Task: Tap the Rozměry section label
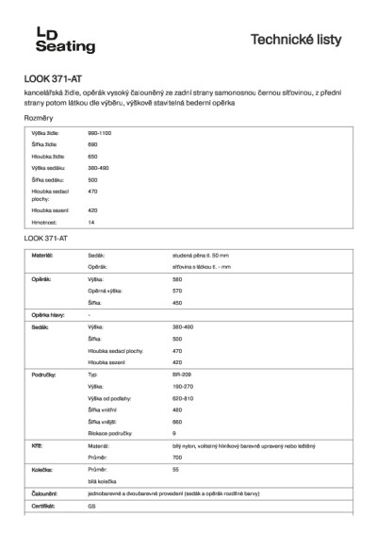[x=39, y=118]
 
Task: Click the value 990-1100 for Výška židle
[x=99, y=134]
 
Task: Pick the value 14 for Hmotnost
[x=90, y=222]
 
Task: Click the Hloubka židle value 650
[x=92, y=156]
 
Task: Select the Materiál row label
[x=43, y=255]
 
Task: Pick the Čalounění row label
[x=46, y=492]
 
